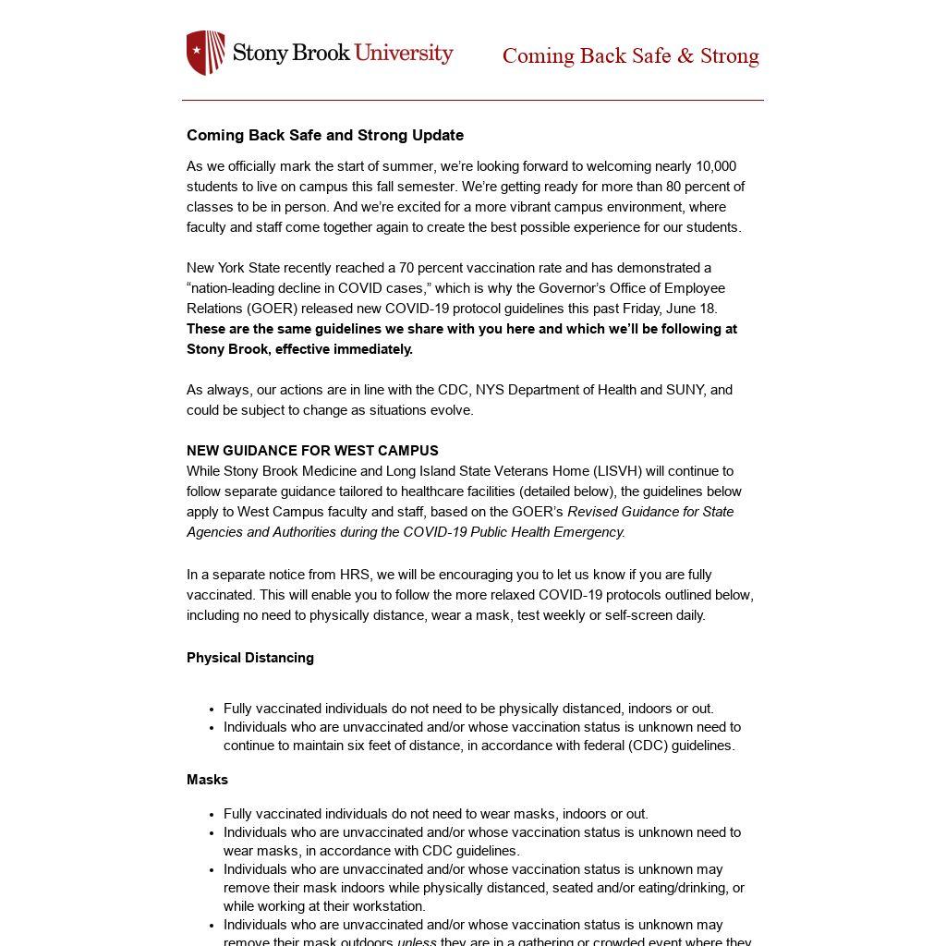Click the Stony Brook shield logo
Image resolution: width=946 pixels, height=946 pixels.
[x=205, y=53]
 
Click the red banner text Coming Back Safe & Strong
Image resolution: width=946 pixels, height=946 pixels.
[x=630, y=56]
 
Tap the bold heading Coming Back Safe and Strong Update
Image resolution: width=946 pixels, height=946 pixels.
[x=325, y=135]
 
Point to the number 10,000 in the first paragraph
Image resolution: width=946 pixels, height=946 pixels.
[x=716, y=166]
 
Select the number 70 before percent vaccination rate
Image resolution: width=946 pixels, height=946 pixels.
[x=406, y=268]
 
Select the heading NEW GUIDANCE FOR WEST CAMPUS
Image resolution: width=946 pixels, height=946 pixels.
[x=312, y=451]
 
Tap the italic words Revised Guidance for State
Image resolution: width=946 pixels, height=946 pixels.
[x=650, y=512]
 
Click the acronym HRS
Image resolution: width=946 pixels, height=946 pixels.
[x=355, y=575]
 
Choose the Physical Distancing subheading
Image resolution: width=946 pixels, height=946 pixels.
[x=250, y=658]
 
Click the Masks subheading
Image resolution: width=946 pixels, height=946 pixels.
[x=207, y=780]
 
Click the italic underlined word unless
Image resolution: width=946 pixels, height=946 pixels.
[x=417, y=941]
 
